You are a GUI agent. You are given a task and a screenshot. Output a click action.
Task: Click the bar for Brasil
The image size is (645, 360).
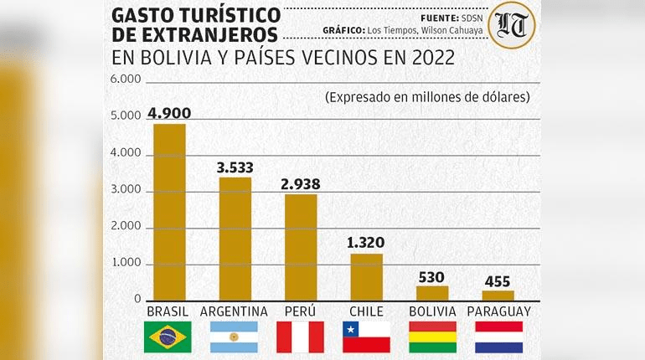168,212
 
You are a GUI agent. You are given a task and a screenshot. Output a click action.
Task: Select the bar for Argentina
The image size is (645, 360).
235,239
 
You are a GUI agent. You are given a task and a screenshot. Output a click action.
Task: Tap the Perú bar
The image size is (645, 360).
301,247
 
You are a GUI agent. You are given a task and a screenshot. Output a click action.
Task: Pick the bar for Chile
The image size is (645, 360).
366,276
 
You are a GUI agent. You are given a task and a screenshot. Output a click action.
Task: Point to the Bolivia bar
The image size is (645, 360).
432,292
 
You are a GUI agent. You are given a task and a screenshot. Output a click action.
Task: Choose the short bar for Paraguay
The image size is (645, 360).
498,295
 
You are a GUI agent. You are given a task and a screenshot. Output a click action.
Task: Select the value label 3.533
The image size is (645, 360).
235,167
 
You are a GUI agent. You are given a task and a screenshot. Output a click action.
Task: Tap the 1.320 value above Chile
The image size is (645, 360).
367,244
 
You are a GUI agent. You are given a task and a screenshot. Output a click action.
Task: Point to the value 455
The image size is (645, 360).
498,281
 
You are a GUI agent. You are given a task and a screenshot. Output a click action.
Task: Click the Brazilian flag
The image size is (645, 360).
168,337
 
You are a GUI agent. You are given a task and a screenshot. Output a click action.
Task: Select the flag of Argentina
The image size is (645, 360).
235,337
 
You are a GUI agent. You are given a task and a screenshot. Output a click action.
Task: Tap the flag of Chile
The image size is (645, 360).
366,337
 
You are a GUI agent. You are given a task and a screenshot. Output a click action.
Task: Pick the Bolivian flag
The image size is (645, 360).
432,337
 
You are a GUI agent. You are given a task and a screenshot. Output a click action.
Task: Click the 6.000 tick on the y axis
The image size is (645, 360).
126,80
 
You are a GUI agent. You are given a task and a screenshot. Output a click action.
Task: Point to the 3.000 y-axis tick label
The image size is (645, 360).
126,191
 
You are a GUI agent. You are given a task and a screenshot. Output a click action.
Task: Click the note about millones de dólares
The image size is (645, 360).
427,97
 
